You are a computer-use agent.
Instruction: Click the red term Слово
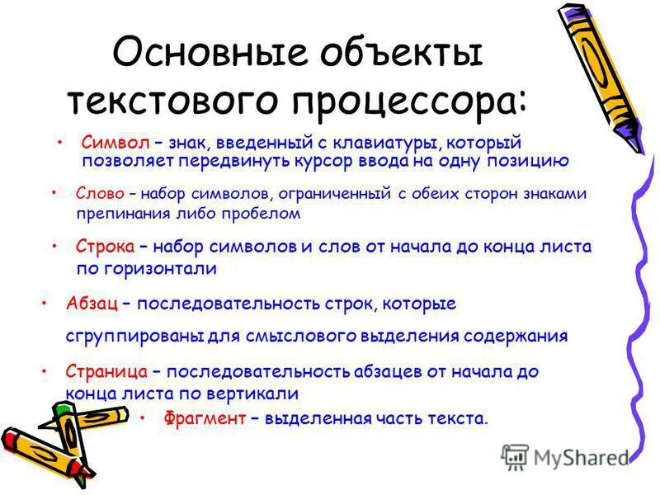click(100, 194)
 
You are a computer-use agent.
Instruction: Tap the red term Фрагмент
click(205, 418)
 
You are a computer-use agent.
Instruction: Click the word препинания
click(115, 213)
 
